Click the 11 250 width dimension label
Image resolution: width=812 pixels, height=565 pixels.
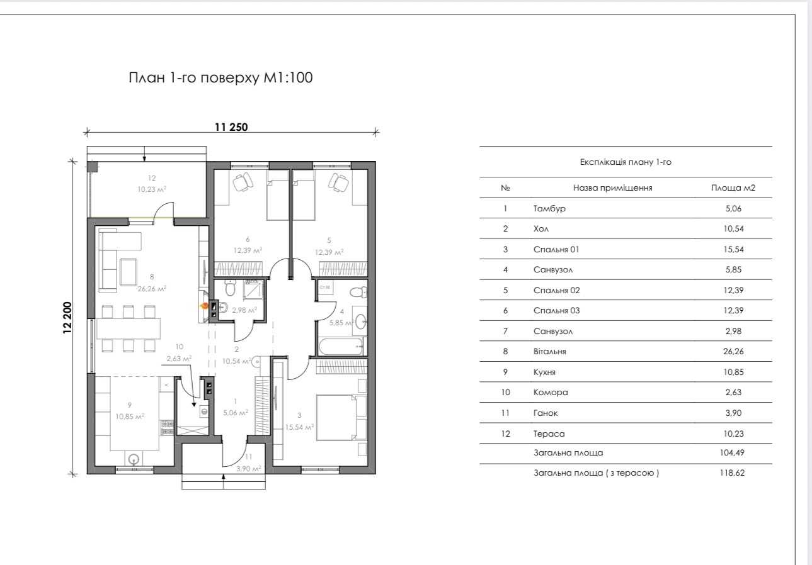pyautogui.click(x=231, y=127)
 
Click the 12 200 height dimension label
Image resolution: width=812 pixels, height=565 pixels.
pyautogui.click(x=68, y=318)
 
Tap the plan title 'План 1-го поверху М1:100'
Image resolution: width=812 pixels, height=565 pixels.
pyautogui.click(x=220, y=78)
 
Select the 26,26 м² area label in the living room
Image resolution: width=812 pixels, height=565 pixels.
pyautogui.click(x=152, y=289)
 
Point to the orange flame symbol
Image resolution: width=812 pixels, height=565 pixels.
pyautogui.click(x=205, y=306)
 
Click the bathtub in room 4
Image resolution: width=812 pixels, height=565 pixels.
pyautogui.click(x=340, y=347)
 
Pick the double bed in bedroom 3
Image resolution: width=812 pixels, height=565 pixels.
pyautogui.click(x=336, y=418)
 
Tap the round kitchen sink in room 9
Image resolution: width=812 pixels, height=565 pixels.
pyautogui.click(x=134, y=459)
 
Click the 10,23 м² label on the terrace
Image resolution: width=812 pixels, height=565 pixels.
pyautogui.click(x=152, y=189)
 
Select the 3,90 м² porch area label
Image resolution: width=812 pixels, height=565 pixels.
pyautogui.click(x=249, y=469)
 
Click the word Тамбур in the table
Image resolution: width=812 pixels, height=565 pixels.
pyautogui.click(x=549, y=208)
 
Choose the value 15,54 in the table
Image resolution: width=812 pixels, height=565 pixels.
pyautogui.click(x=733, y=249)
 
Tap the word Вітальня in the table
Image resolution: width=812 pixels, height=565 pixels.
pyautogui.click(x=549, y=352)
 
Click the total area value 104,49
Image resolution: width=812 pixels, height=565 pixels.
pyautogui.click(x=732, y=452)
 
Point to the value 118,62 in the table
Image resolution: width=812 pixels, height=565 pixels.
pyautogui.click(x=732, y=473)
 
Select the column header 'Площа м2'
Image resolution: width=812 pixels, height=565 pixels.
pyautogui.click(x=733, y=188)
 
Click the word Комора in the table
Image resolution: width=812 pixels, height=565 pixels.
pyautogui.click(x=551, y=393)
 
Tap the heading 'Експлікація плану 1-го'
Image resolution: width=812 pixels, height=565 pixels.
pyautogui.click(x=626, y=162)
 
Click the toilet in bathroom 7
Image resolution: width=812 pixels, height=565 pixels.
pyautogui.click(x=230, y=288)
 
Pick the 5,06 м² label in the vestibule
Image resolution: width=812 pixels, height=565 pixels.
pyautogui.click(x=236, y=412)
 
